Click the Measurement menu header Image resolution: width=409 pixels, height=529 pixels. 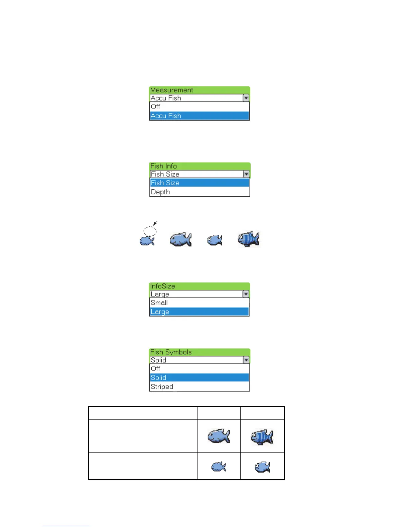pos(199,90)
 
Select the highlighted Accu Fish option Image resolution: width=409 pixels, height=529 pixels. pos(199,116)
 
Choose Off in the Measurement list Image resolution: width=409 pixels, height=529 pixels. pos(199,107)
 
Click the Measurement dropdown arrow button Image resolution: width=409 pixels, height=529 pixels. pos(246,98)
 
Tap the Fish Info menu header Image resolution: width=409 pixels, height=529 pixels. pos(199,166)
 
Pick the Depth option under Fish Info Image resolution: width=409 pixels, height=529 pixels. pos(199,192)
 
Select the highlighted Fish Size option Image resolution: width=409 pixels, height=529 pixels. pos(199,183)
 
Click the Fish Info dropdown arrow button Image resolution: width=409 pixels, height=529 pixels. pos(246,174)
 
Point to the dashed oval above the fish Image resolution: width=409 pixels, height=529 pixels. pos(150,231)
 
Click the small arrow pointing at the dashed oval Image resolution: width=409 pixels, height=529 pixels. pos(155,223)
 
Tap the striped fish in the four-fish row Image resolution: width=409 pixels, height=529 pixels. pos(249,239)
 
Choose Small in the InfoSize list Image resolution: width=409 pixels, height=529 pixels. pos(199,303)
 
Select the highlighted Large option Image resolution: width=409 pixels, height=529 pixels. pos(199,312)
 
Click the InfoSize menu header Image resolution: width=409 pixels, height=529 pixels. pos(199,286)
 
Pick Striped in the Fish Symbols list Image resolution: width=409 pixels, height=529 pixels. pos(199,387)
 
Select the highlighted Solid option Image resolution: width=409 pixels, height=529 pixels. pos(199,378)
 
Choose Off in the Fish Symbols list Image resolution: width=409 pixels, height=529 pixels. pos(199,368)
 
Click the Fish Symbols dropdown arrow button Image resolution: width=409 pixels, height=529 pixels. pos(246,360)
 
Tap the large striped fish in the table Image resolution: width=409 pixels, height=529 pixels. pos(262,437)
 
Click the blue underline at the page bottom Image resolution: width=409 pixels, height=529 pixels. pos(66,526)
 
